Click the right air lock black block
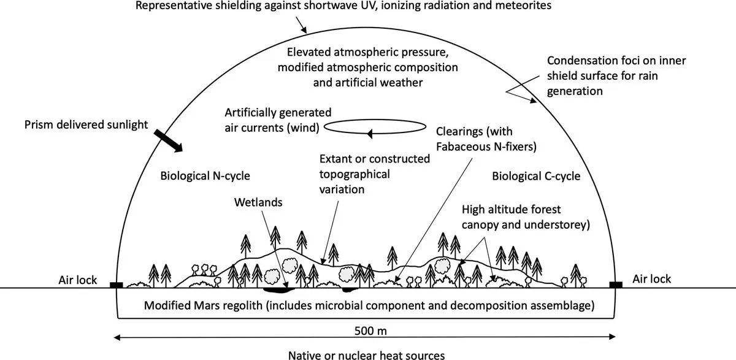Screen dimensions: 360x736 click(x=616, y=285)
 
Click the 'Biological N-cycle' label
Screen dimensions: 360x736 click(x=205, y=175)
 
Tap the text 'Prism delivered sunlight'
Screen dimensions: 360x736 click(x=86, y=125)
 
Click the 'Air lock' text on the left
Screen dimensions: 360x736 click(x=78, y=280)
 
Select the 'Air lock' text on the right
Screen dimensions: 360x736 click(x=652, y=279)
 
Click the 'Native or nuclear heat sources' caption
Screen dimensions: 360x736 click(x=367, y=354)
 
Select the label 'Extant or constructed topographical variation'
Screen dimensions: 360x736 click(x=377, y=174)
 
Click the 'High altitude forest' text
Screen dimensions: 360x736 click(x=512, y=209)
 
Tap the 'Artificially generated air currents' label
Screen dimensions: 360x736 click(x=278, y=120)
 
